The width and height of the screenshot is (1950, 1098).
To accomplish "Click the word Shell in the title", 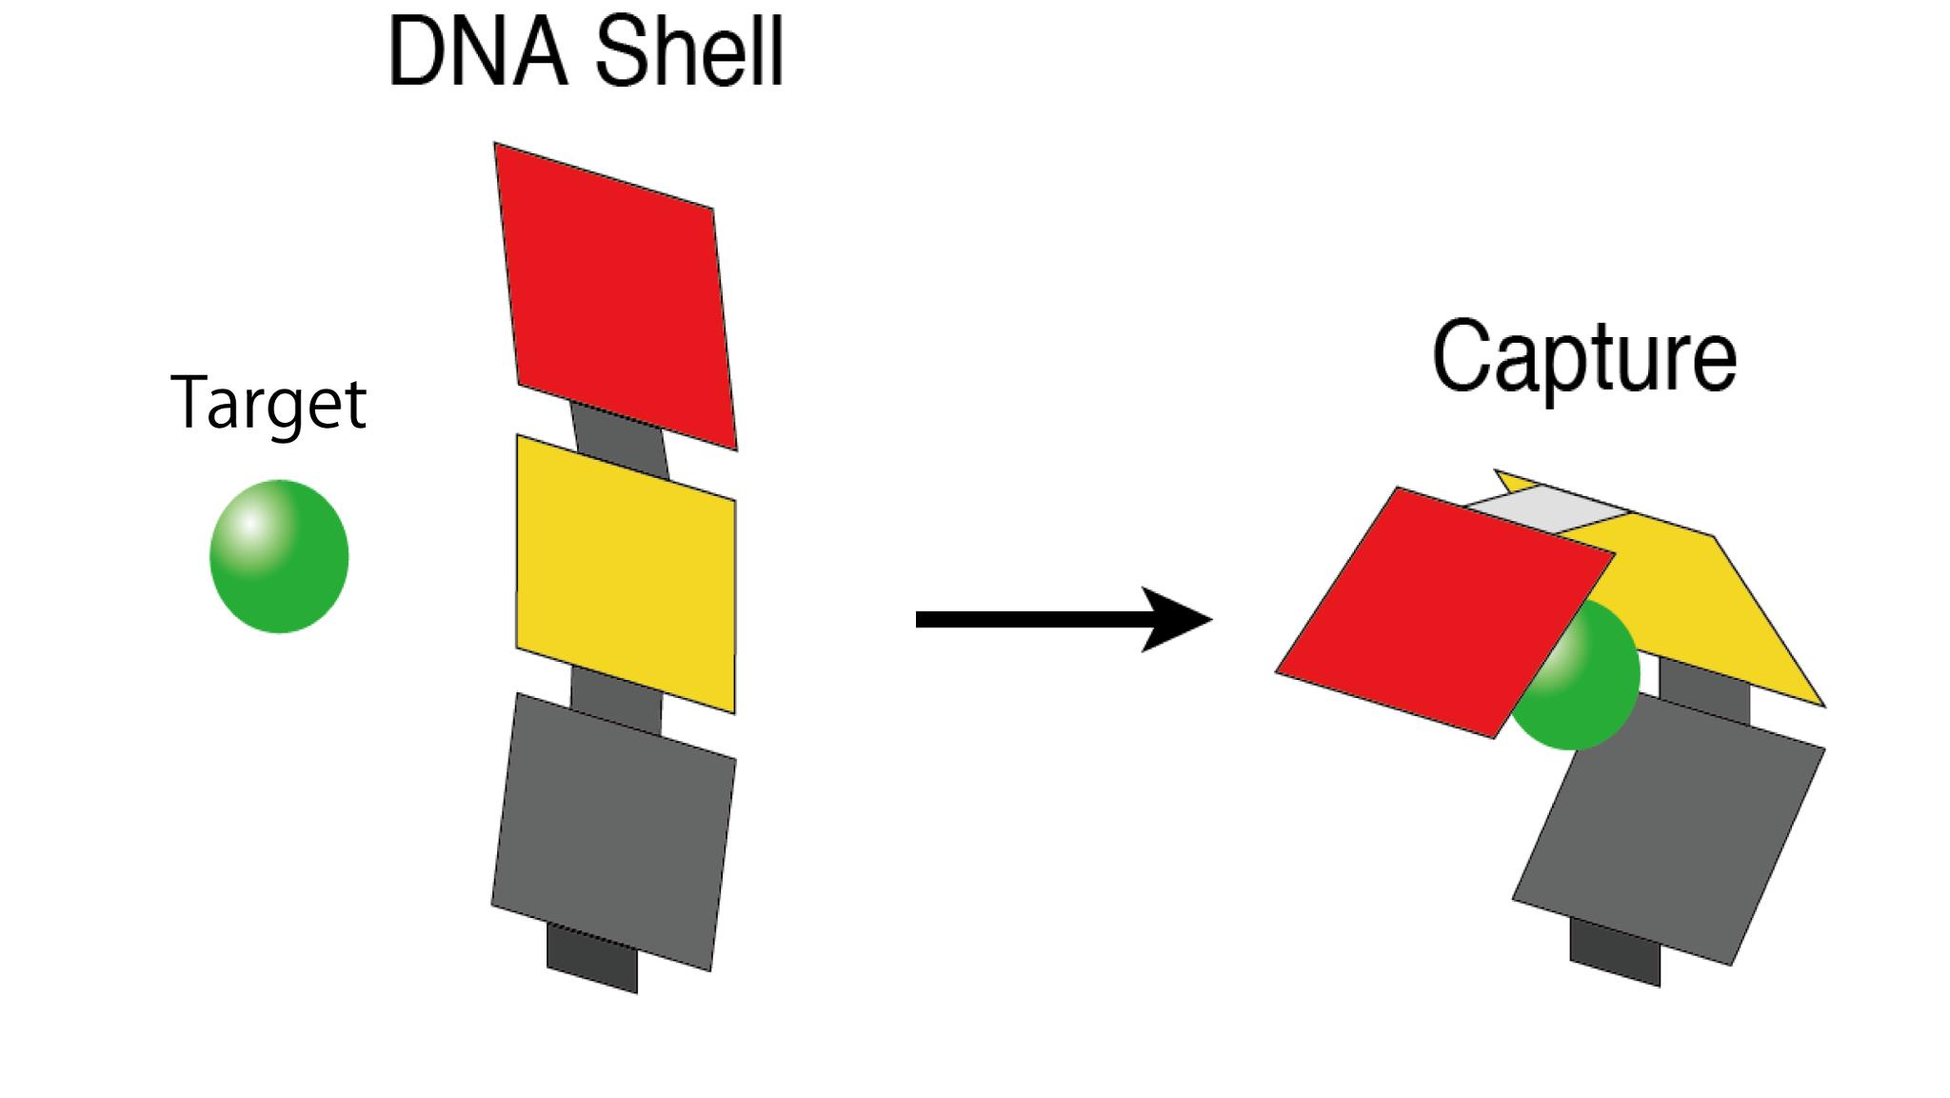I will [688, 54].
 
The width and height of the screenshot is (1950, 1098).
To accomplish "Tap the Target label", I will [269, 404].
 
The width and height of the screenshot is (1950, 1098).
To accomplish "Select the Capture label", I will [1584, 357].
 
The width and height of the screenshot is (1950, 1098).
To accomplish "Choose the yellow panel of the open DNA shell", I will [626, 573].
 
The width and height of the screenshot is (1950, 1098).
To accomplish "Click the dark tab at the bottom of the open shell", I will [591, 961].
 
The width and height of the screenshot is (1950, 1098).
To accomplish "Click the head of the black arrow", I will [1176, 620].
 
